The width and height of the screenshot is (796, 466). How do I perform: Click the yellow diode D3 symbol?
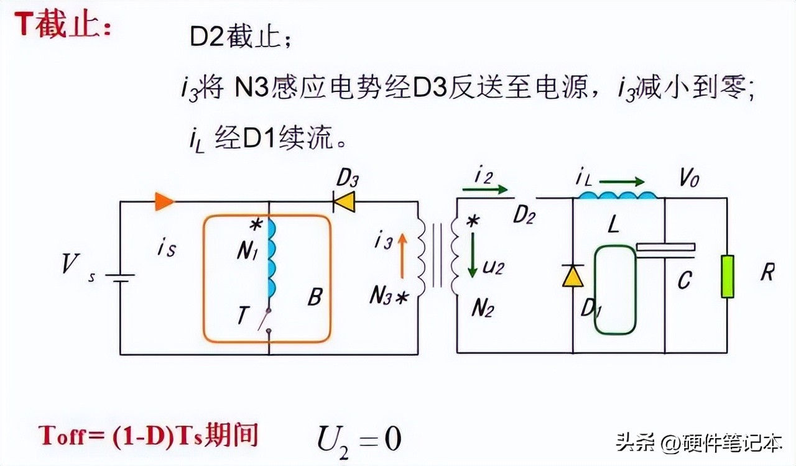click(344, 202)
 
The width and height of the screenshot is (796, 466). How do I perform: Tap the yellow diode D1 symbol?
click(573, 276)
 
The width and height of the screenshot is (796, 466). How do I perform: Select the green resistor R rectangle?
click(728, 276)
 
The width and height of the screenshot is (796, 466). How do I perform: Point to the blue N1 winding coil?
click(272, 258)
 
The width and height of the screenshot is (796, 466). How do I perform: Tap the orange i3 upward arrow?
click(402, 255)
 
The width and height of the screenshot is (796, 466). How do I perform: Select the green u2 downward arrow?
click(472, 255)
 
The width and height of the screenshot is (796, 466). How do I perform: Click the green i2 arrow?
click(485, 190)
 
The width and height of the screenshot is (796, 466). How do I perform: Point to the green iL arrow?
click(622, 182)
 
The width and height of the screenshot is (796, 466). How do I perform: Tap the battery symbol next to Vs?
click(120, 278)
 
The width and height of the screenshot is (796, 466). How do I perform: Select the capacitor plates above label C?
click(665, 250)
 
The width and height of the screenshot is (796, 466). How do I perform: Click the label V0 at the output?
click(688, 178)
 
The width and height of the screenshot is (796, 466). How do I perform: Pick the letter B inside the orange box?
click(315, 296)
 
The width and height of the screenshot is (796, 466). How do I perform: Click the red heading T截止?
click(63, 24)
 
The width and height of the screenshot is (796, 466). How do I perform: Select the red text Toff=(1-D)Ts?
click(121, 436)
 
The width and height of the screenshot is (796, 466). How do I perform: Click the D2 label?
click(524, 214)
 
